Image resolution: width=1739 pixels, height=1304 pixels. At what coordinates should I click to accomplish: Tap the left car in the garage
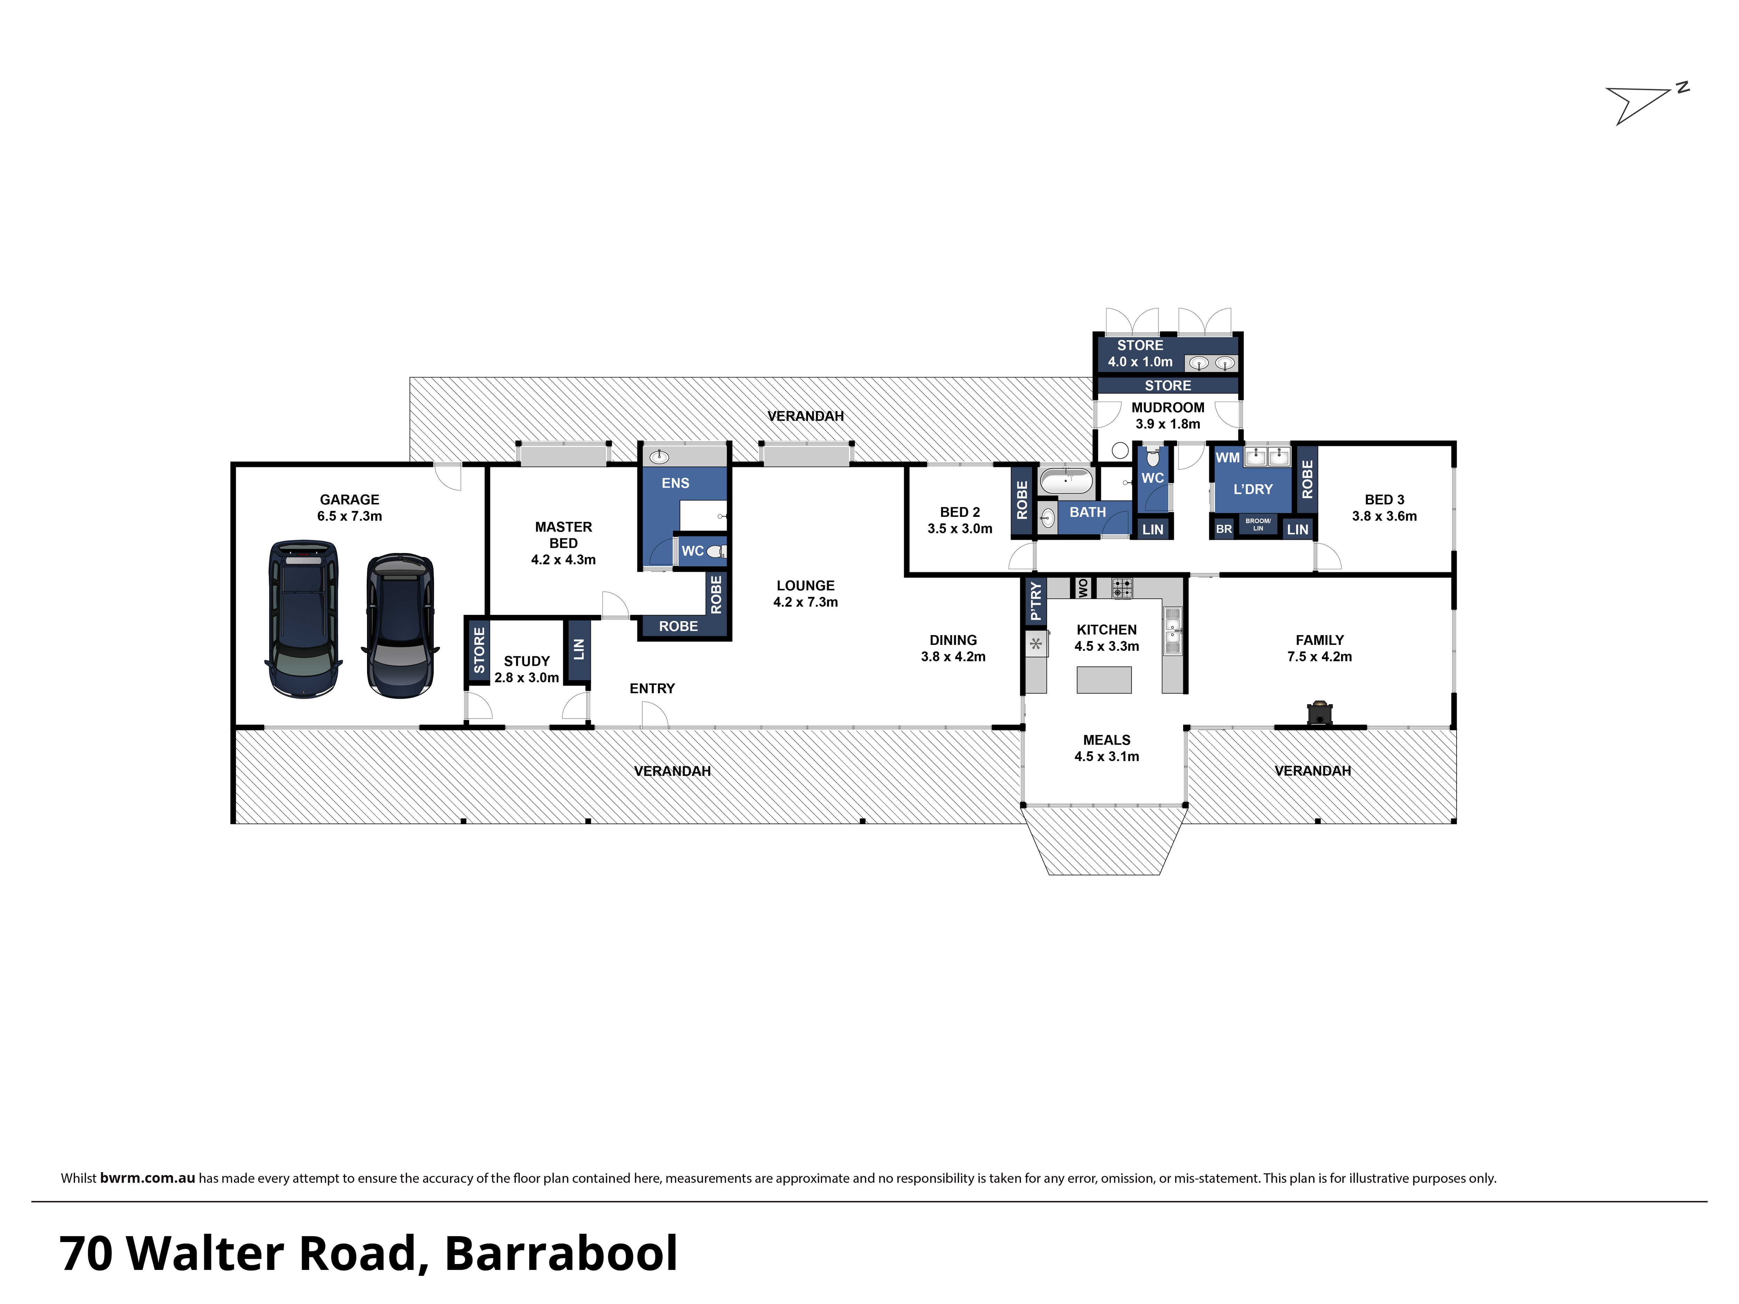click(x=304, y=618)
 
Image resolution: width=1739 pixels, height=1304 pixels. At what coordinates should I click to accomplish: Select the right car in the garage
click(x=400, y=626)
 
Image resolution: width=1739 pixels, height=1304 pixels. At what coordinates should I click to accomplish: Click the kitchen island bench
click(x=1104, y=679)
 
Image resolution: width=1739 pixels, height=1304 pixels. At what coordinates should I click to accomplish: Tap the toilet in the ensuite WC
click(x=716, y=551)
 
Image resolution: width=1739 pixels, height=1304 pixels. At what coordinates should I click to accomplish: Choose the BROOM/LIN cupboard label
click(x=1258, y=524)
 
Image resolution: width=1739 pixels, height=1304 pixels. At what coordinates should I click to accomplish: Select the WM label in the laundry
click(x=1227, y=457)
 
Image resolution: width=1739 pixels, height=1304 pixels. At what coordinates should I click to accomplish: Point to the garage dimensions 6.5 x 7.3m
click(x=350, y=517)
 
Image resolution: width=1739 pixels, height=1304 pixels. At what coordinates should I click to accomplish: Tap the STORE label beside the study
click(x=479, y=650)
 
